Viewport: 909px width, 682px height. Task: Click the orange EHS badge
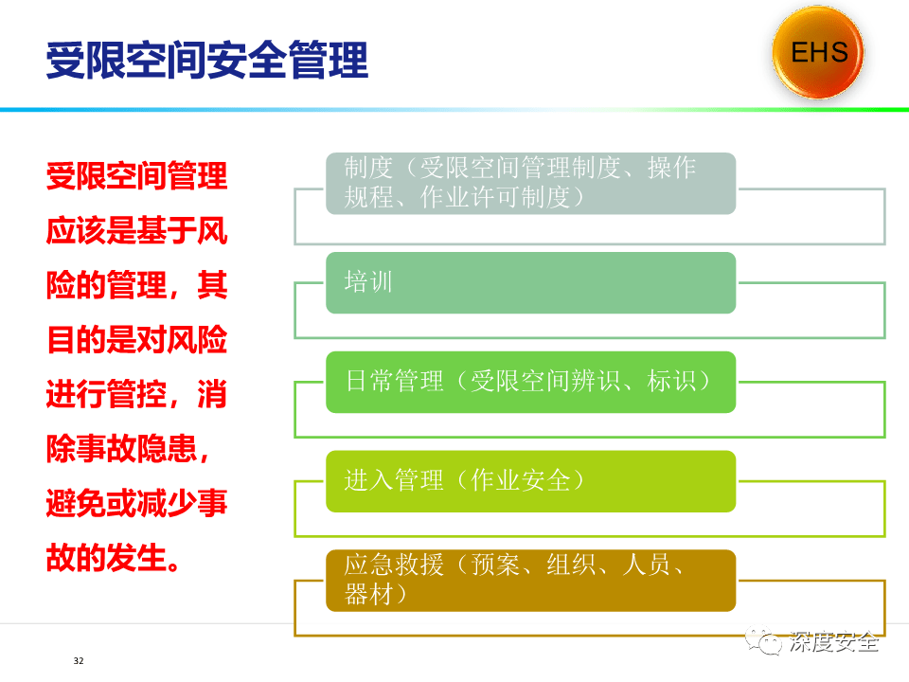tap(818, 52)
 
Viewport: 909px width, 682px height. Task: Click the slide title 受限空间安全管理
tap(207, 60)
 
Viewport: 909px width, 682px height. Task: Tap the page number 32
tap(79, 660)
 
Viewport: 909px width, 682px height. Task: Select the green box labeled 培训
tap(530, 283)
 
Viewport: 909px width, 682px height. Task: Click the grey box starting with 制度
tap(530, 183)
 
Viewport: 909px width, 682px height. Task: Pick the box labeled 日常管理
tap(530, 382)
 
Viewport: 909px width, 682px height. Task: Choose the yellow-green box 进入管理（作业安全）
tap(530, 481)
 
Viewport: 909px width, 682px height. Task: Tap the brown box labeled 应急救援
tap(530, 581)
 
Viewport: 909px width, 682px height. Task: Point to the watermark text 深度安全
tap(833, 642)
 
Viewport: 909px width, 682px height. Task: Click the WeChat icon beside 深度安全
tap(764, 641)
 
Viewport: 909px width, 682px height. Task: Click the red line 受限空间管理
tap(136, 176)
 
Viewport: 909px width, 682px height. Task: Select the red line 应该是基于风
tap(136, 230)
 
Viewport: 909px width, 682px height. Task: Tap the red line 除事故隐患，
tap(128, 448)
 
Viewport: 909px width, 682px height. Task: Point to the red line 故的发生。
tap(113, 557)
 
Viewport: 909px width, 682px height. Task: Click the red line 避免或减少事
tap(136, 503)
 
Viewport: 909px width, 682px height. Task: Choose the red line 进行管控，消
tap(136, 394)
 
